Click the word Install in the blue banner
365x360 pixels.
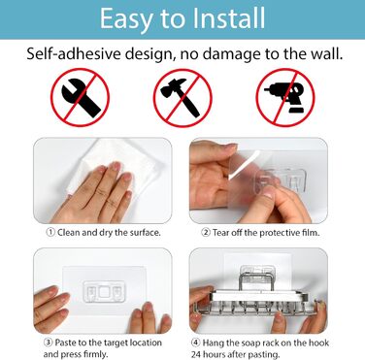228,18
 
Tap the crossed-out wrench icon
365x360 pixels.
80,97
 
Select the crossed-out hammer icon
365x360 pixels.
182,97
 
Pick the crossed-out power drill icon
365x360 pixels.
285,97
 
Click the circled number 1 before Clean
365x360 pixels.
50,232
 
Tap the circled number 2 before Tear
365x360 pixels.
206,232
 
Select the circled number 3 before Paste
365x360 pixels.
48,343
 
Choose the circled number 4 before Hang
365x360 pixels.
195,343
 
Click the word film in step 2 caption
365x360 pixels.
311,232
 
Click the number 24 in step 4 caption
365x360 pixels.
196,354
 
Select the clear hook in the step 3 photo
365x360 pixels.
104,291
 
